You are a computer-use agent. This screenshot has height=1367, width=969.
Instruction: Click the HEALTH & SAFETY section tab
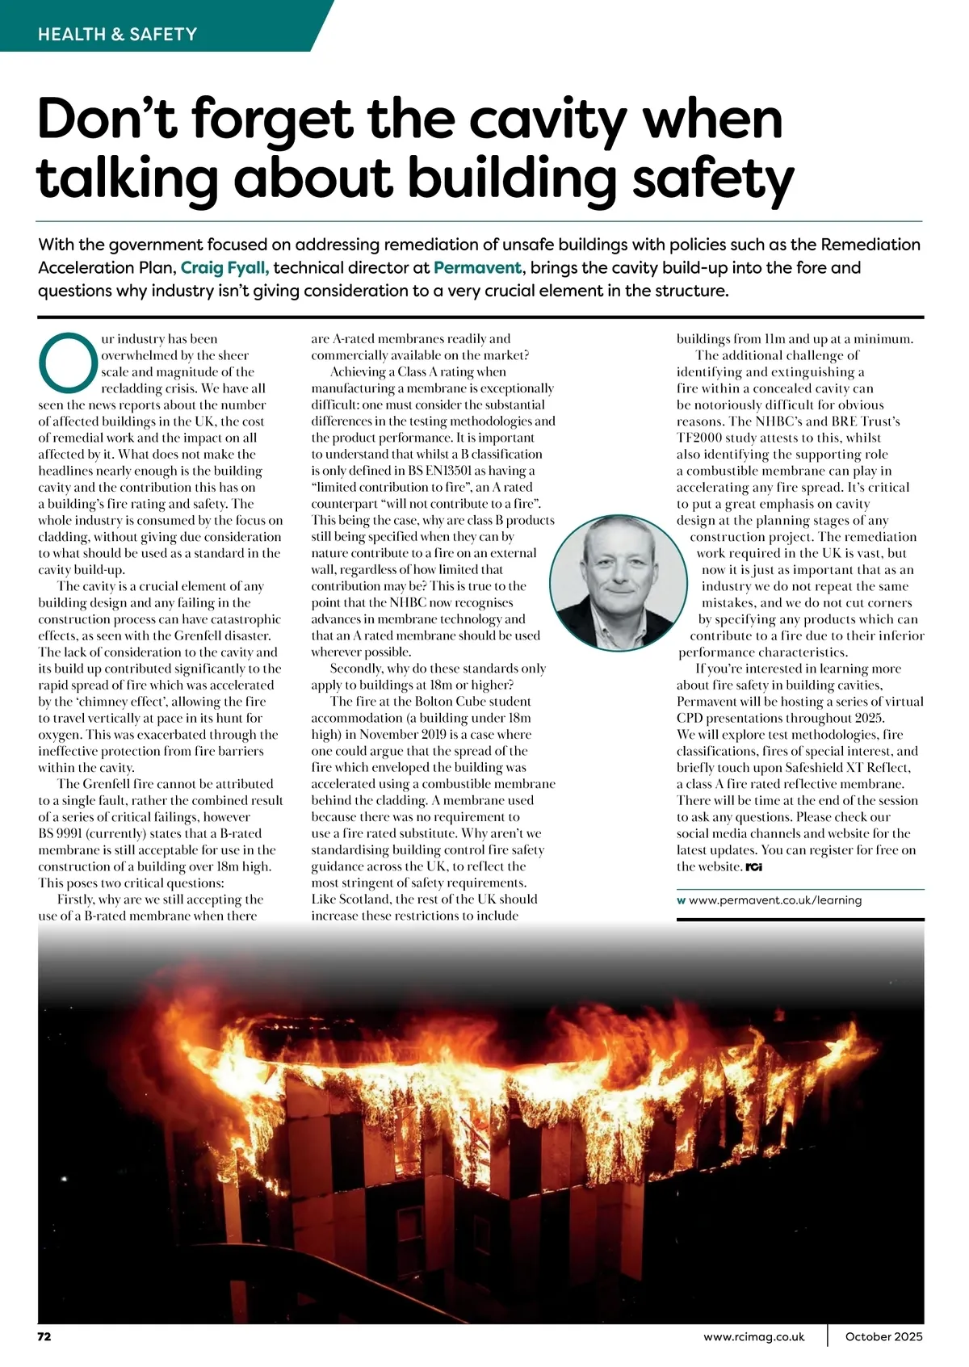[118, 34]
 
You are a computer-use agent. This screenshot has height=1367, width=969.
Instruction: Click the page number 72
[44, 1336]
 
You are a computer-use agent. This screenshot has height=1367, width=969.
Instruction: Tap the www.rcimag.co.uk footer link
[754, 1336]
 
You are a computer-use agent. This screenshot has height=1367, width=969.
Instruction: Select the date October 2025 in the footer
[883, 1336]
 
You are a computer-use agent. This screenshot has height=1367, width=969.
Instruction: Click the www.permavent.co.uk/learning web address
[775, 900]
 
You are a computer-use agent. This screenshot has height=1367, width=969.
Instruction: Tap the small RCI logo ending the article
[754, 867]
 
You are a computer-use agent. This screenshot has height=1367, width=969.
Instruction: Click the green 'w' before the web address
[681, 900]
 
